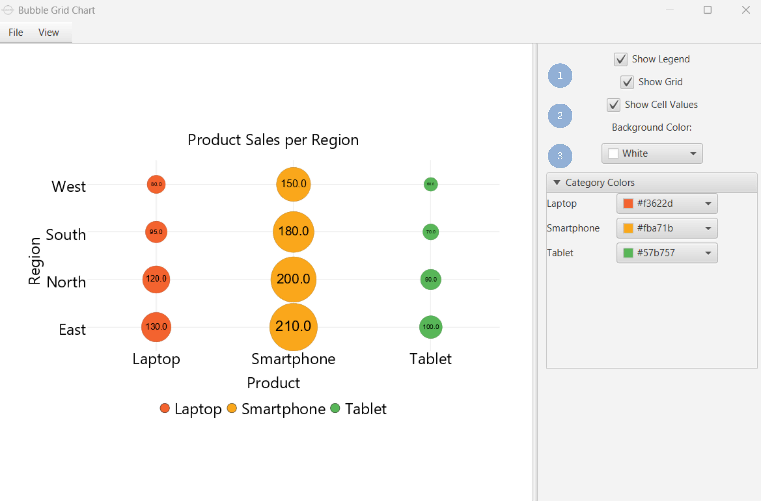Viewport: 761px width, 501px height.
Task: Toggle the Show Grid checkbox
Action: (627, 82)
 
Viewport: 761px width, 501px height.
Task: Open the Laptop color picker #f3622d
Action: (667, 204)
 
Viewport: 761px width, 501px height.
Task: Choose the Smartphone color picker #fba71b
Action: (667, 228)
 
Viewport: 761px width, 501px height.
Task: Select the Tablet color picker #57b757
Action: (667, 253)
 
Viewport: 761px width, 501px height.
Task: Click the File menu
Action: (16, 32)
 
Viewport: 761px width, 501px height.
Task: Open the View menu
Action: (49, 32)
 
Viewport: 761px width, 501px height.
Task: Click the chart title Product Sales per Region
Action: (273, 140)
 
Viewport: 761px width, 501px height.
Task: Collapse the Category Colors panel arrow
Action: (557, 182)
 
